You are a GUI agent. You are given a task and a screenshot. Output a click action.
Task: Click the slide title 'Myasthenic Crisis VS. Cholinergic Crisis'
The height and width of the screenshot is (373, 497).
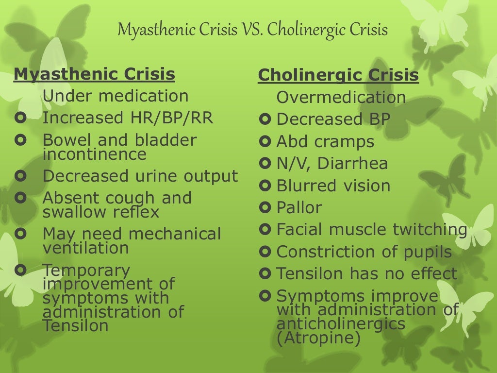[252, 31]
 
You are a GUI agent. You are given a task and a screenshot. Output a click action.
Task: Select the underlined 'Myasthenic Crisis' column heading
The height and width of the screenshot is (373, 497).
[95, 74]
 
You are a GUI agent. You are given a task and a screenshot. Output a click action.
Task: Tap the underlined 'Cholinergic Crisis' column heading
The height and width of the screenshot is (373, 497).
[338, 76]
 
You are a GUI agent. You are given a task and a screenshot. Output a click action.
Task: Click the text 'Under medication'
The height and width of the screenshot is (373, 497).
[116, 96]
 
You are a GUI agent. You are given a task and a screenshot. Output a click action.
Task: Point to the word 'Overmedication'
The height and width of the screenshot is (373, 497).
[341, 98]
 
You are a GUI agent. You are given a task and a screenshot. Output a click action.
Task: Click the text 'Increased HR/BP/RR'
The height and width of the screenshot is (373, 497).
[128, 118]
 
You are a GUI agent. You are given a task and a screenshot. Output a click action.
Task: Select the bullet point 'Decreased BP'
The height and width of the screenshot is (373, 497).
[333, 119]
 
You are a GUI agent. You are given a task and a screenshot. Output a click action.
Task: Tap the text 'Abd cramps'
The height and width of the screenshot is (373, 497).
[325, 142]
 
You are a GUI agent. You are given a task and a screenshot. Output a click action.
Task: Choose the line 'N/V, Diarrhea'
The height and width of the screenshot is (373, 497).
[332, 164]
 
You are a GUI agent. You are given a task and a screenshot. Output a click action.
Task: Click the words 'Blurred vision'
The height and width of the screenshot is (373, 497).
[333, 186]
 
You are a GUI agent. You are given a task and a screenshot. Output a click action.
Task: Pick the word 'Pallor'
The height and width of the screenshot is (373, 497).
[299, 208]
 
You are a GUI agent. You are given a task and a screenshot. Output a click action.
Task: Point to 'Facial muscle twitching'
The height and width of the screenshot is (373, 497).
[371, 230]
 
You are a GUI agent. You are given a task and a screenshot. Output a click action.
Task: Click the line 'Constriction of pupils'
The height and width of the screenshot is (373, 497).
[364, 252]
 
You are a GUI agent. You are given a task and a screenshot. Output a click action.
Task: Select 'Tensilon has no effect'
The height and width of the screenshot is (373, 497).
[366, 274]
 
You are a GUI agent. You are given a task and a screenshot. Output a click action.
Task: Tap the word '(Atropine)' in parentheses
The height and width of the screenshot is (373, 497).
[318, 339]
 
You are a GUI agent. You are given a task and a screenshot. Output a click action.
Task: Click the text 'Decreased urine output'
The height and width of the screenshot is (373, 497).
[140, 176]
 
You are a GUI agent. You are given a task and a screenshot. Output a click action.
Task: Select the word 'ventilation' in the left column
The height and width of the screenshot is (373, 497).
[85, 248]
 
